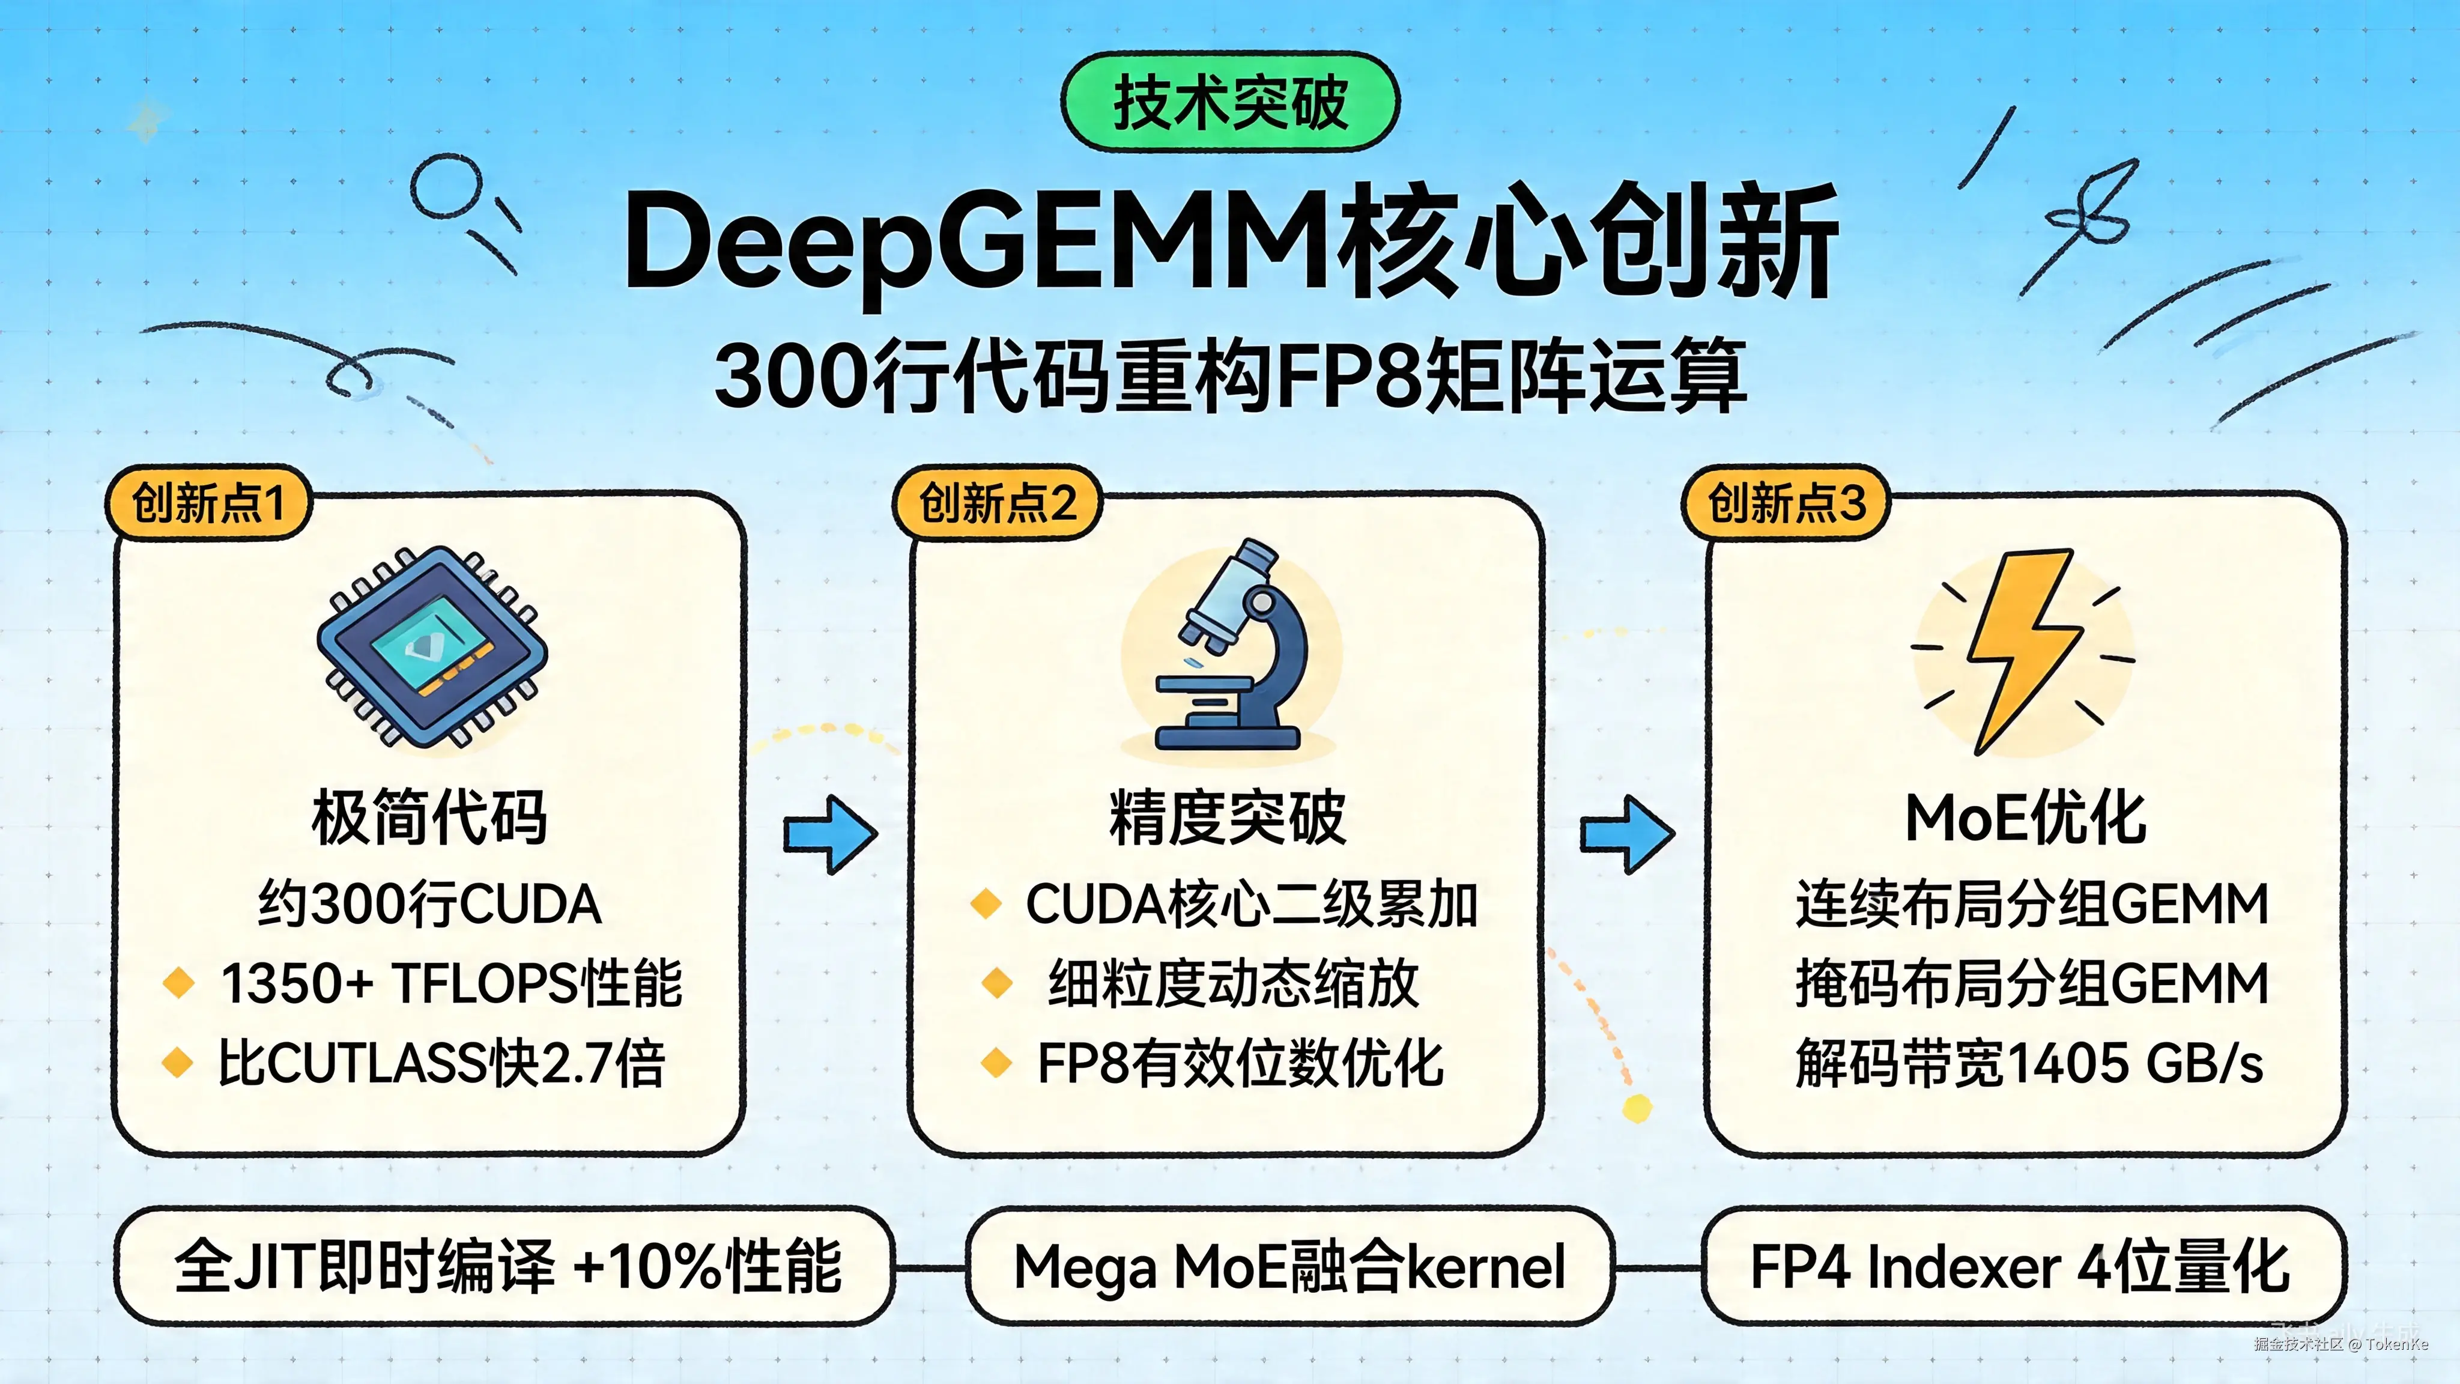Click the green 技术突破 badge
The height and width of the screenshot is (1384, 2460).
click(x=1230, y=102)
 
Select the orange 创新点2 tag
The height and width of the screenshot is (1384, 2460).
click(x=997, y=502)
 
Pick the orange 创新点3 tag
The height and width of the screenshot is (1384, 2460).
click(x=1786, y=502)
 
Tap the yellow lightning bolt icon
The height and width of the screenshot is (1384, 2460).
click(x=2025, y=649)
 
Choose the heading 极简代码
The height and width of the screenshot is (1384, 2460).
click(x=430, y=818)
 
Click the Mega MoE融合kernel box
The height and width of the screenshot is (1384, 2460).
click(x=1289, y=1266)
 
